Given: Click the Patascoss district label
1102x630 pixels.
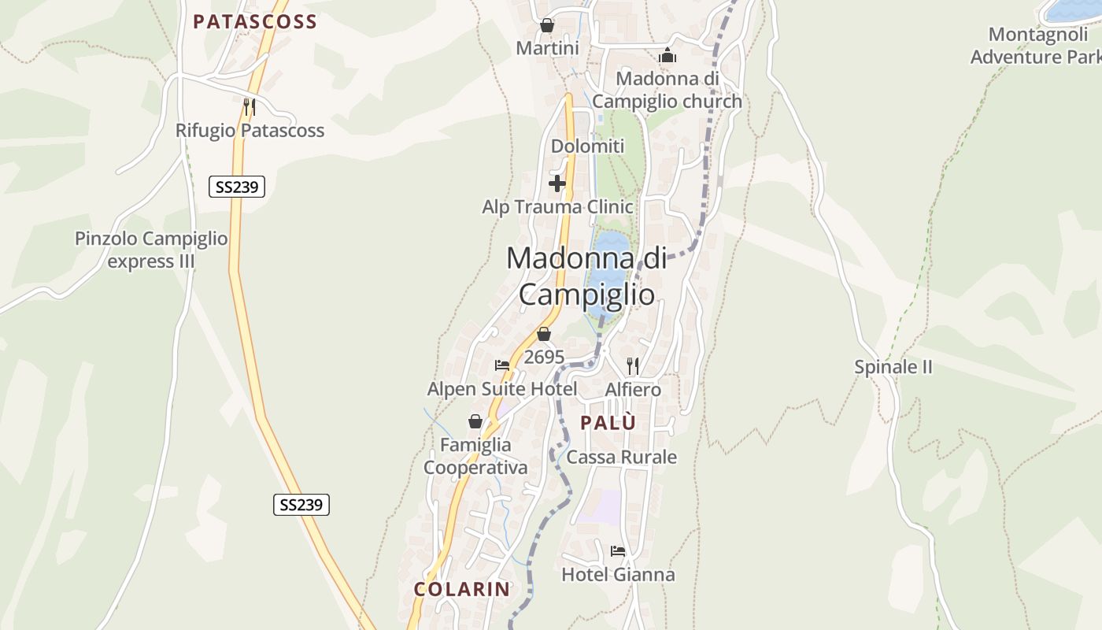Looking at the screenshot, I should pos(254,22).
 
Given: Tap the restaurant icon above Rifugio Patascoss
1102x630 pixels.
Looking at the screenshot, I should pos(249,106).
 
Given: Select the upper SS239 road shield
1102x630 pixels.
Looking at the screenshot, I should pos(237,187).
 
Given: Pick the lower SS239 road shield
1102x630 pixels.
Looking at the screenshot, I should pos(301,505).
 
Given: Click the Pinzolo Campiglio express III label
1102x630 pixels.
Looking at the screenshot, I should pos(151,250).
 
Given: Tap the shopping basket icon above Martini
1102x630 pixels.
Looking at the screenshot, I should pos(547,26).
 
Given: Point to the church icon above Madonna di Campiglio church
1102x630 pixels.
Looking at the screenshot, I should pos(667,55).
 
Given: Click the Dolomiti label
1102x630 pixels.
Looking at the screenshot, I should pos(587,146).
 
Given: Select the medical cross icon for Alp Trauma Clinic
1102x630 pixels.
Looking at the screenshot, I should pos(557,184).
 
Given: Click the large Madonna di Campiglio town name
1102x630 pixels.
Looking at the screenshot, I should pos(586,276).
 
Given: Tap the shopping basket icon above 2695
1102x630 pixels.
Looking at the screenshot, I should pos(543,334).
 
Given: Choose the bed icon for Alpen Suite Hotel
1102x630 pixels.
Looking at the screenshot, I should pos(502,365).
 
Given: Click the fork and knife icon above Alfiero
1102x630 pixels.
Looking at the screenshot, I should pos(632,365).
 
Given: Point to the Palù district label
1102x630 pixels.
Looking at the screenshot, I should pos(608,423).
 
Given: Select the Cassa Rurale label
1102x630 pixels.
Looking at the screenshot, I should pos(622,458).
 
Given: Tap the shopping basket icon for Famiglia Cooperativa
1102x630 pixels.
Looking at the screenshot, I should pos(475,421).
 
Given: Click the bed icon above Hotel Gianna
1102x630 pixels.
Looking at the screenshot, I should pos(617,550).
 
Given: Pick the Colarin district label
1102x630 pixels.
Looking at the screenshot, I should pos(462,589).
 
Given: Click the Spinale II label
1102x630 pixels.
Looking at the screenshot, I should pos(893,367).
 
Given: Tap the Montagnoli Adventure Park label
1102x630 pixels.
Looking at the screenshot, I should pos(1038,46).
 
